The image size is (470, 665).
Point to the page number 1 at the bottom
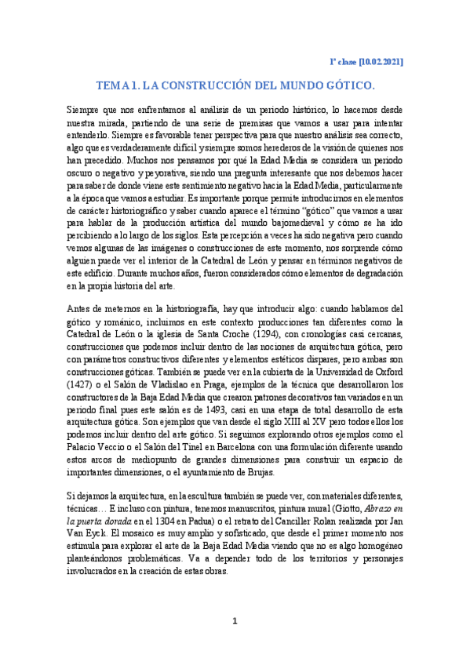click(234, 621)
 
